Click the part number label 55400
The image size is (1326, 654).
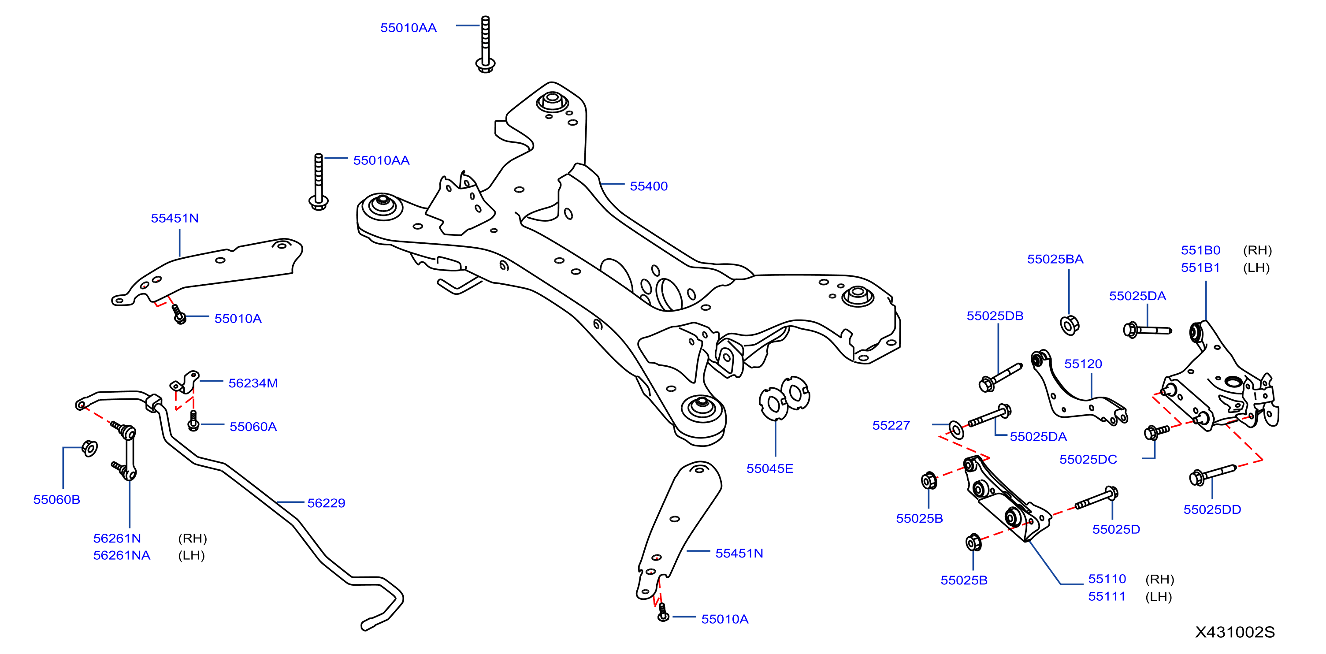pyautogui.click(x=649, y=186)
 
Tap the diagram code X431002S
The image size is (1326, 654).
pyautogui.click(x=1234, y=632)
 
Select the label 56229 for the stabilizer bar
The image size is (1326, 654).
pyautogui.click(x=326, y=503)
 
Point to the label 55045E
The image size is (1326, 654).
pyautogui.click(x=769, y=468)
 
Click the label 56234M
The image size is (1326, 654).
pyautogui.click(x=253, y=383)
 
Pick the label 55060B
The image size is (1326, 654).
pyautogui.click(x=56, y=499)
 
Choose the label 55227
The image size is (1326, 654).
pyautogui.click(x=891, y=425)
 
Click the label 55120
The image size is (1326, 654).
pyautogui.click(x=1083, y=364)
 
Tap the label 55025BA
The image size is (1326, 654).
pyautogui.click(x=1055, y=259)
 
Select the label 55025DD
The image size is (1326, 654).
pyautogui.click(x=1212, y=509)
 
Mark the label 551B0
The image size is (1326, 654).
pyautogui.click(x=1200, y=250)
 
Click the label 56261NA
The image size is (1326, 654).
pyautogui.click(x=122, y=555)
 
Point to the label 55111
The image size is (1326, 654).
pyautogui.click(x=1107, y=596)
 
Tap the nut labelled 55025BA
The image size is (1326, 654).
pyautogui.click(x=1070, y=325)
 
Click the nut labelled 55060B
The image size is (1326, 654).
pyautogui.click(x=89, y=448)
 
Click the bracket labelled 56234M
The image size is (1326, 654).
pyautogui.click(x=185, y=382)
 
